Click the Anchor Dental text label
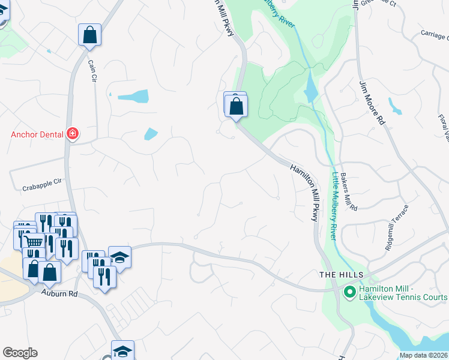tap(37, 134)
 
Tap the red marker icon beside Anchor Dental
tap(73, 133)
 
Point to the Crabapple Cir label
tap(41, 187)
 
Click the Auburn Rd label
tap(60, 294)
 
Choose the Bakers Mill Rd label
tap(349, 191)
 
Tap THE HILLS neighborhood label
tap(341, 274)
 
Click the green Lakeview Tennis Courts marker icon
tap(349, 292)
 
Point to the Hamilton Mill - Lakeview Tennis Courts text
tap(403, 293)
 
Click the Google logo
tap(20, 353)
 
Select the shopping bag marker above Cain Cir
tap(89, 35)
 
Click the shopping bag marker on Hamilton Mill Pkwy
tap(237, 106)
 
